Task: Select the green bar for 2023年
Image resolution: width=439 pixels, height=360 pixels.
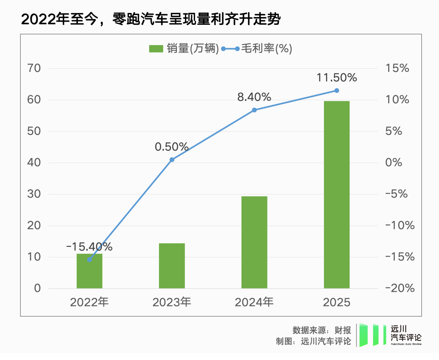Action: tap(172, 266)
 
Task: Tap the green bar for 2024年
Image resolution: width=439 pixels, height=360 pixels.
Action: tap(254, 242)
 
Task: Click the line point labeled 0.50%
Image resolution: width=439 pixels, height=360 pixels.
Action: tap(172, 160)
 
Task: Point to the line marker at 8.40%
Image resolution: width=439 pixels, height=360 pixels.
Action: tap(254, 110)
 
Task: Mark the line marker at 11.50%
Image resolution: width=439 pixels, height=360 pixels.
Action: tap(337, 90)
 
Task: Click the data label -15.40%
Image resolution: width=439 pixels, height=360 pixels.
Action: tap(89, 247)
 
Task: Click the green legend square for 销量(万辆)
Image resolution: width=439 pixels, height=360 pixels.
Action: tap(156, 49)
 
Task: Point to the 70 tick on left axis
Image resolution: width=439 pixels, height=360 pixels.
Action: tap(35, 68)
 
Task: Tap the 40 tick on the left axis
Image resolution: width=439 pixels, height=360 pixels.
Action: tap(35, 163)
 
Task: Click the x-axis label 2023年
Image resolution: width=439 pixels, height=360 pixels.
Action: tap(172, 302)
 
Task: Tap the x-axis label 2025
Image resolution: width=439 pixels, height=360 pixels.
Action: tap(337, 302)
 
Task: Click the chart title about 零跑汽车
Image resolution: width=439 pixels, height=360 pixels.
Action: tap(151, 19)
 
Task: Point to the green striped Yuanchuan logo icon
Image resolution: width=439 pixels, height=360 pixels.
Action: tap(372, 335)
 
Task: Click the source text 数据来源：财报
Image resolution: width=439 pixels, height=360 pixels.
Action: tap(322, 329)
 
